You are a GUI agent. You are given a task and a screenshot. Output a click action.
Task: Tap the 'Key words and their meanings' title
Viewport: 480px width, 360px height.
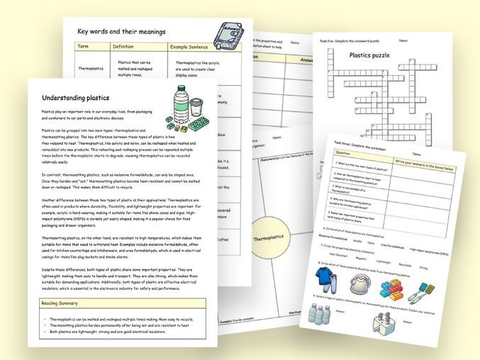(121, 32)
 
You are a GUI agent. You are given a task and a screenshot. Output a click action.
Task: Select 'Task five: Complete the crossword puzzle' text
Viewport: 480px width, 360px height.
(350, 41)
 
